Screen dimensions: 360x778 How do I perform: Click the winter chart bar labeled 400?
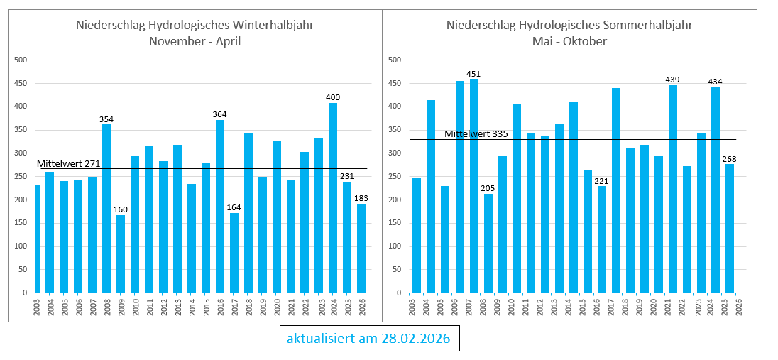point(333,198)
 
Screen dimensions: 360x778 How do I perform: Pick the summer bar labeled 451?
point(473,186)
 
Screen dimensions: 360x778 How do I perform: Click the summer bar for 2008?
point(488,244)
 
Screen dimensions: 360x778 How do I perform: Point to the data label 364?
point(219,114)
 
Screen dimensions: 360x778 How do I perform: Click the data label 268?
point(729,158)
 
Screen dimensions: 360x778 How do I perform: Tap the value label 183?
point(361,198)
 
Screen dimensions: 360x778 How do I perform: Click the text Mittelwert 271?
point(68,164)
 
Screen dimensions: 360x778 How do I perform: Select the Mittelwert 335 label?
point(476,134)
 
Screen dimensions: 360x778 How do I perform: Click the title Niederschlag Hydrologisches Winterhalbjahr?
point(194,26)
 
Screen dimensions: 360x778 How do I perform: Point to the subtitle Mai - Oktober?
point(569,41)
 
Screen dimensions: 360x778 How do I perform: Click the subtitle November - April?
point(194,41)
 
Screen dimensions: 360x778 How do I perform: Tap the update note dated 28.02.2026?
point(369,339)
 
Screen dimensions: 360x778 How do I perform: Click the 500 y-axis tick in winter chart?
point(21,60)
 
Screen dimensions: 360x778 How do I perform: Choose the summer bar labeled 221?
point(601,239)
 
